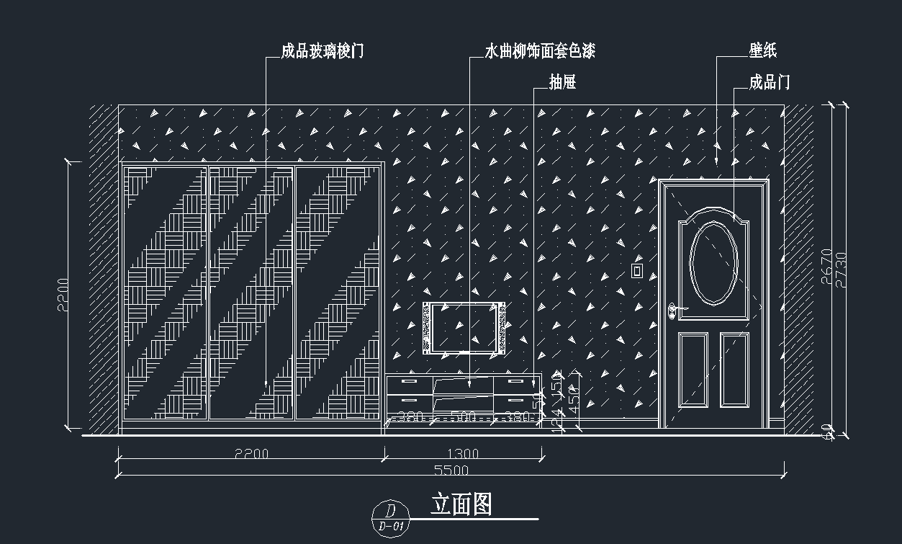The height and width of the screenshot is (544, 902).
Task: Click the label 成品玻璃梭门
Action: (x=323, y=51)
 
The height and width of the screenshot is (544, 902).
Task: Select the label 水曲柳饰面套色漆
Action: (x=539, y=51)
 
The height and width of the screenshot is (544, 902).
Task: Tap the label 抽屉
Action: (x=562, y=83)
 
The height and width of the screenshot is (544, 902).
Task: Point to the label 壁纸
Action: (x=763, y=50)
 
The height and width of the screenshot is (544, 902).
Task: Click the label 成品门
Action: (x=770, y=82)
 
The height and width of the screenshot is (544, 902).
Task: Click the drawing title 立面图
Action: (x=461, y=504)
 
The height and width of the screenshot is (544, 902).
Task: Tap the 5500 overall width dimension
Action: (x=451, y=471)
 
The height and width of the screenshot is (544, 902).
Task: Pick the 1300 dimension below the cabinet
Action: (x=463, y=454)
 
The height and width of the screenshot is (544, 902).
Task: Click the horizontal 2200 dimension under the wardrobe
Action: (x=251, y=454)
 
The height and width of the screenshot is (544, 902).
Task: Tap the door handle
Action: (x=674, y=311)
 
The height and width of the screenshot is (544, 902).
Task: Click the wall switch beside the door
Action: (x=636, y=270)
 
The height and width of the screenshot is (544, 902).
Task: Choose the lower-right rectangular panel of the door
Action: (x=734, y=368)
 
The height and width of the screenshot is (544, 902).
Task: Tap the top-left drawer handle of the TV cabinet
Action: (x=408, y=381)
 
